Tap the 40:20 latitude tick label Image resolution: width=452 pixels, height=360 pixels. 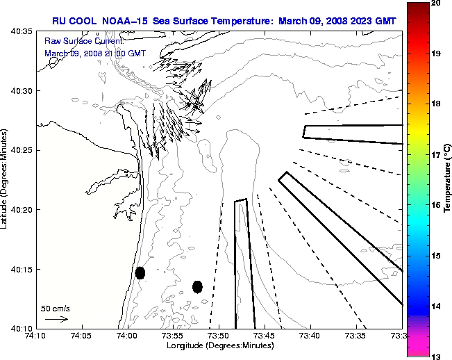[x=22, y=210]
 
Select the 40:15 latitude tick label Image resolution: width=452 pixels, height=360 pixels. [x=22, y=269]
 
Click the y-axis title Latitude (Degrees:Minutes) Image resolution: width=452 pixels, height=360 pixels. [x=6, y=181]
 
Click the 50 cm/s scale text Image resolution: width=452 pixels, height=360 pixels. [x=56, y=309]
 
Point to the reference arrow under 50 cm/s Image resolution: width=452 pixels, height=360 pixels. [x=56, y=319]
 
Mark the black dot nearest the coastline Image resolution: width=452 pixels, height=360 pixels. [x=140, y=272]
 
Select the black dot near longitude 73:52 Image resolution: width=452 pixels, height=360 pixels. [x=198, y=286]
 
